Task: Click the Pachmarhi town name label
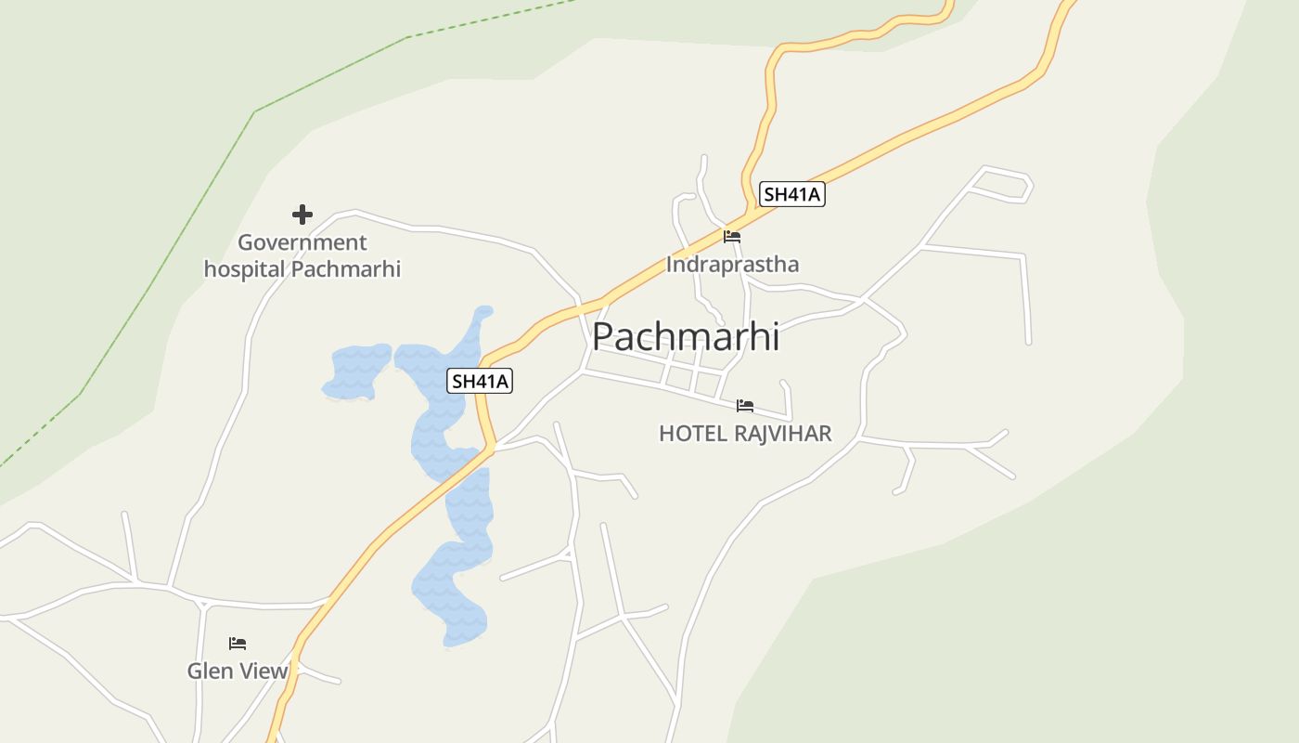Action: (686, 336)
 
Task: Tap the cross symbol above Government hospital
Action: (302, 215)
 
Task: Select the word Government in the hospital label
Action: (302, 242)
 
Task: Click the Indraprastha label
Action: (732, 265)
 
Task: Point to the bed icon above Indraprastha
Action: (732, 237)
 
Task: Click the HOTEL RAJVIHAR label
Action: (745, 434)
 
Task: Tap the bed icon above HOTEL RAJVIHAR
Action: (745, 406)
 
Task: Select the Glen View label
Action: (238, 671)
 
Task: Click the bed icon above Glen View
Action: (238, 643)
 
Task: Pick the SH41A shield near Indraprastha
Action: (791, 194)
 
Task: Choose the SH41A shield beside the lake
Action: (480, 381)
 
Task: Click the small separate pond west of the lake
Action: (357, 370)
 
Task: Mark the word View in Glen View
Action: (264, 671)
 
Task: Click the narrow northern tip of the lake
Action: (482, 316)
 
